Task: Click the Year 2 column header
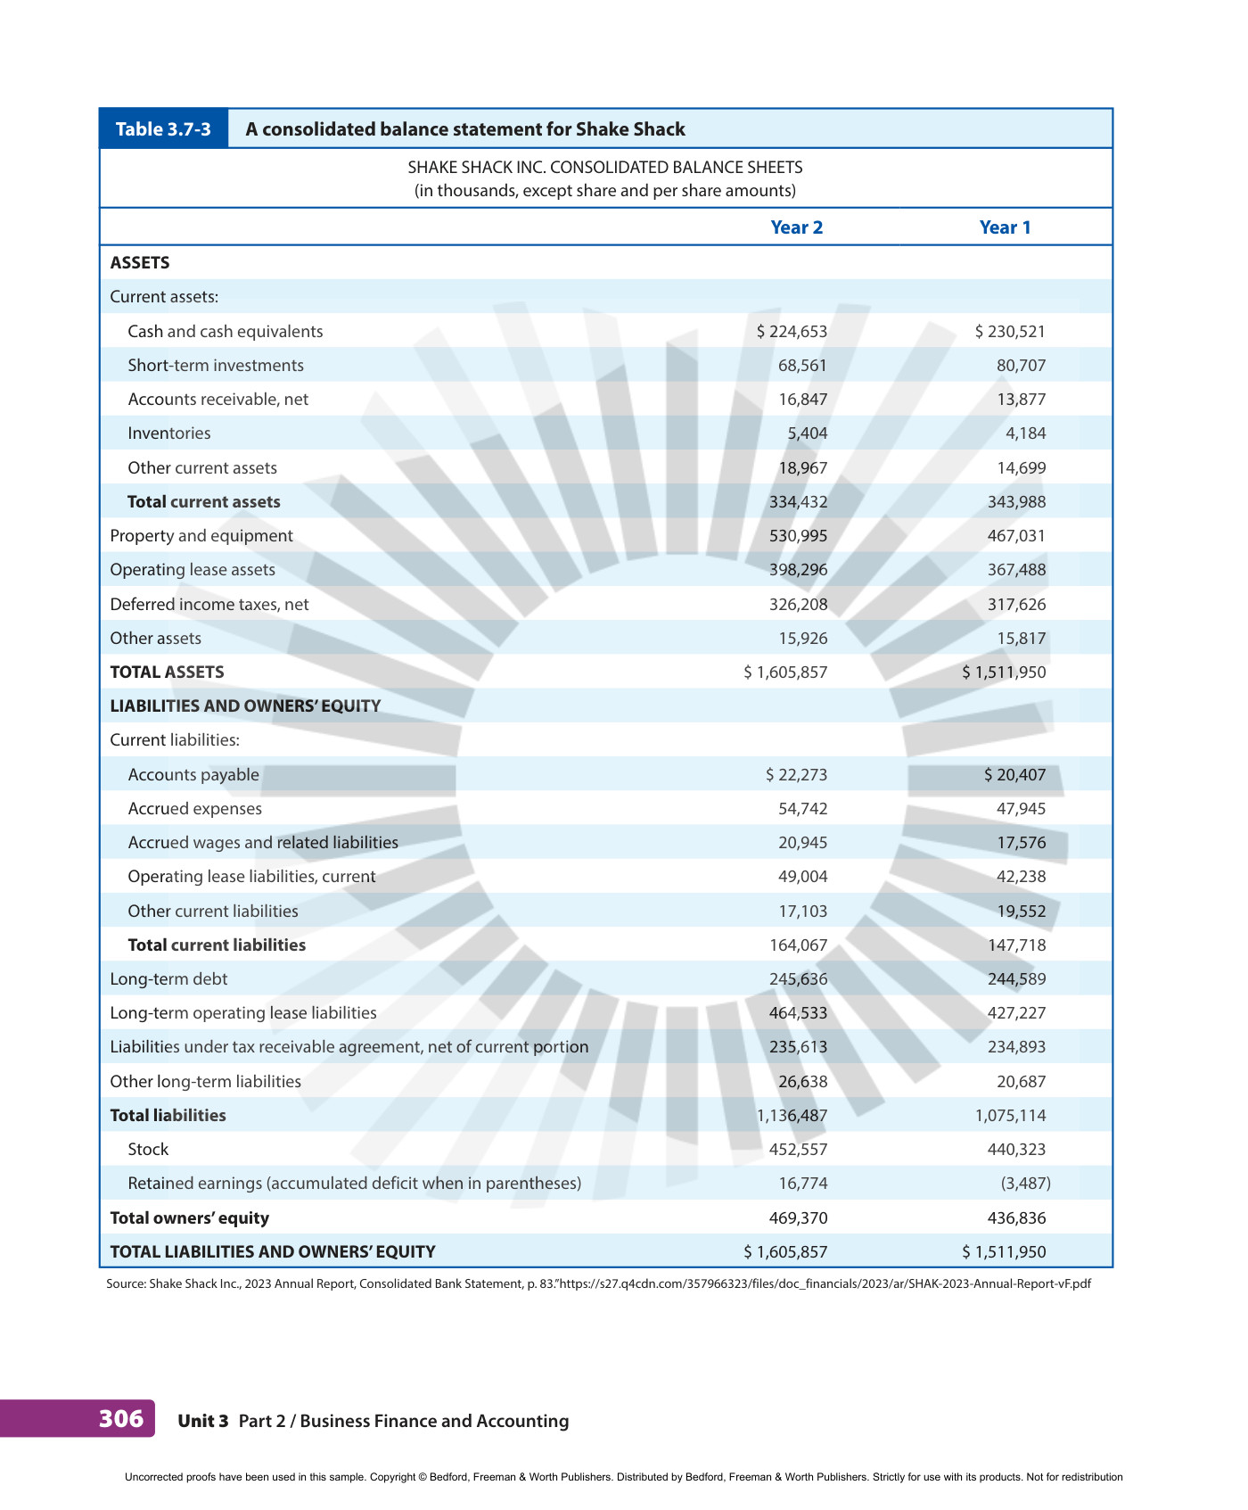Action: click(796, 227)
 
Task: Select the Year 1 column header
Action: click(1005, 227)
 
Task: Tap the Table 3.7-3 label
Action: click(163, 129)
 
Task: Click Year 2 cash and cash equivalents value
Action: click(792, 332)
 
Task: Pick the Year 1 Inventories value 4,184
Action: click(1026, 433)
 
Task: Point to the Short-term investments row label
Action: click(216, 366)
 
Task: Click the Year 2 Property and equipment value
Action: click(798, 536)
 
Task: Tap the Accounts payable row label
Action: click(193, 775)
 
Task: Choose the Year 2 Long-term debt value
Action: click(798, 979)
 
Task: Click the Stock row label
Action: click(148, 1150)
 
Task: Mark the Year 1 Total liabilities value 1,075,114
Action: click(1010, 1116)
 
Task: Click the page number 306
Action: click(121, 1418)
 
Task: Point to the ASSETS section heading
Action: click(140, 263)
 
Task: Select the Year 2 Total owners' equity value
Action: click(798, 1218)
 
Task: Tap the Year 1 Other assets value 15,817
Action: click(1022, 639)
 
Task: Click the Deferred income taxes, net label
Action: click(209, 605)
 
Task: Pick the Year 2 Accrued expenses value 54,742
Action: click(802, 809)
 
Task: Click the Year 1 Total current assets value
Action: click(1017, 502)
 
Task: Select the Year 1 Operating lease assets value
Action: click(1017, 570)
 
